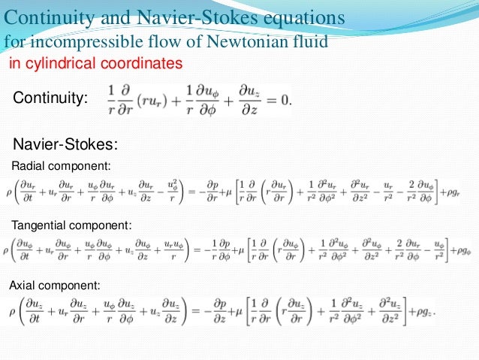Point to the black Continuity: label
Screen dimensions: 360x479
[x=51, y=98]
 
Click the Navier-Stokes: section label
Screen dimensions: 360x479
[x=66, y=145]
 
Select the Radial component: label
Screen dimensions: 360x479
[x=62, y=165]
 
